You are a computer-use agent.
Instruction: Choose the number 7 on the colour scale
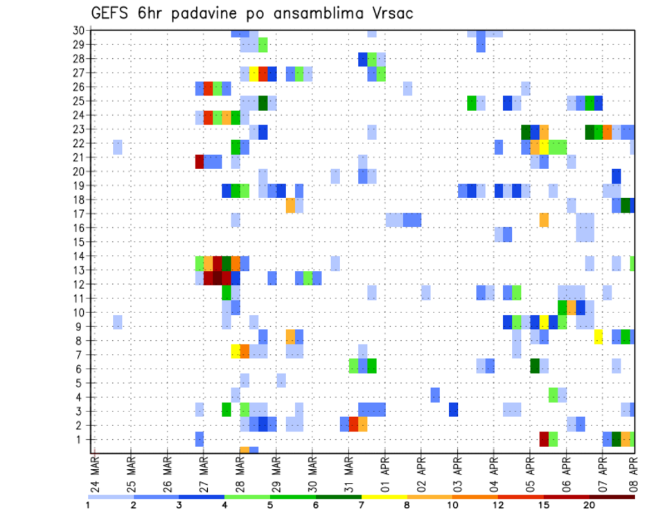pos(361,505)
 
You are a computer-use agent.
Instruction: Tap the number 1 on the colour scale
pos(88,505)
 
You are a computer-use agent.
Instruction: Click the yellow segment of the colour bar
pos(384,496)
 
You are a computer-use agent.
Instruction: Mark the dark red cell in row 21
pos(199,161)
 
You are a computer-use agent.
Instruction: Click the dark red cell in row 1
pos(544,439)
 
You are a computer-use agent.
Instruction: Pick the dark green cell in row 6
pos(535,366)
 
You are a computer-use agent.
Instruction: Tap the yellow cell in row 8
pos(598,337)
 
